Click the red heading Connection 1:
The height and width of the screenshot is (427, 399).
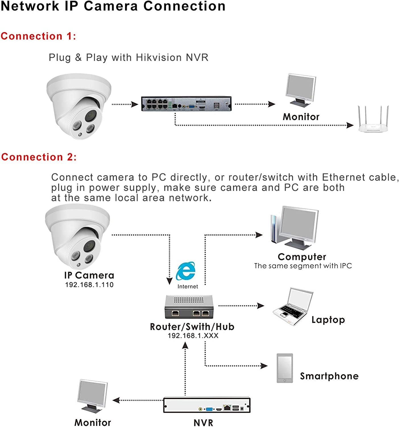click(38, 36)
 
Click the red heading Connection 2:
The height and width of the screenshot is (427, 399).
click(39, 157)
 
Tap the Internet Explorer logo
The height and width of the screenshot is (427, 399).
click(186, 271)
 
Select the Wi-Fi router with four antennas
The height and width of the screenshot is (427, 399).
click(373, 120)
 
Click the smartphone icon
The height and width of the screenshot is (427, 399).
click(285, 368)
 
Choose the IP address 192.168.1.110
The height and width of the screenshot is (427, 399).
click(89, 285)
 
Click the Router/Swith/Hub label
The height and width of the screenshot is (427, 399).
click(192, 327)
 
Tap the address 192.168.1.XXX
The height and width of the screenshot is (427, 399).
click(193, 336)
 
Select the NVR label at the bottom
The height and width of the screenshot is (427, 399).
click(203, 423)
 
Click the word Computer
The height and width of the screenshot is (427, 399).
click(302, 257)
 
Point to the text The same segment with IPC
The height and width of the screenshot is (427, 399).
click(303, 266)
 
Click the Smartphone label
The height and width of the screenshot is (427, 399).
click(329, 376)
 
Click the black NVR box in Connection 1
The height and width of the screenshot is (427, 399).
click(186, 104)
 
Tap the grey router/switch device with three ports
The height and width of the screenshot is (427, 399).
click(189, 307)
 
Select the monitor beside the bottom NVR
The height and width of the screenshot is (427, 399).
click(92, 396)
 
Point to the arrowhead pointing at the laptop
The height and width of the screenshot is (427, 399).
click(261, 306)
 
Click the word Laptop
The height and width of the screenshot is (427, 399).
click(328, 320)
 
